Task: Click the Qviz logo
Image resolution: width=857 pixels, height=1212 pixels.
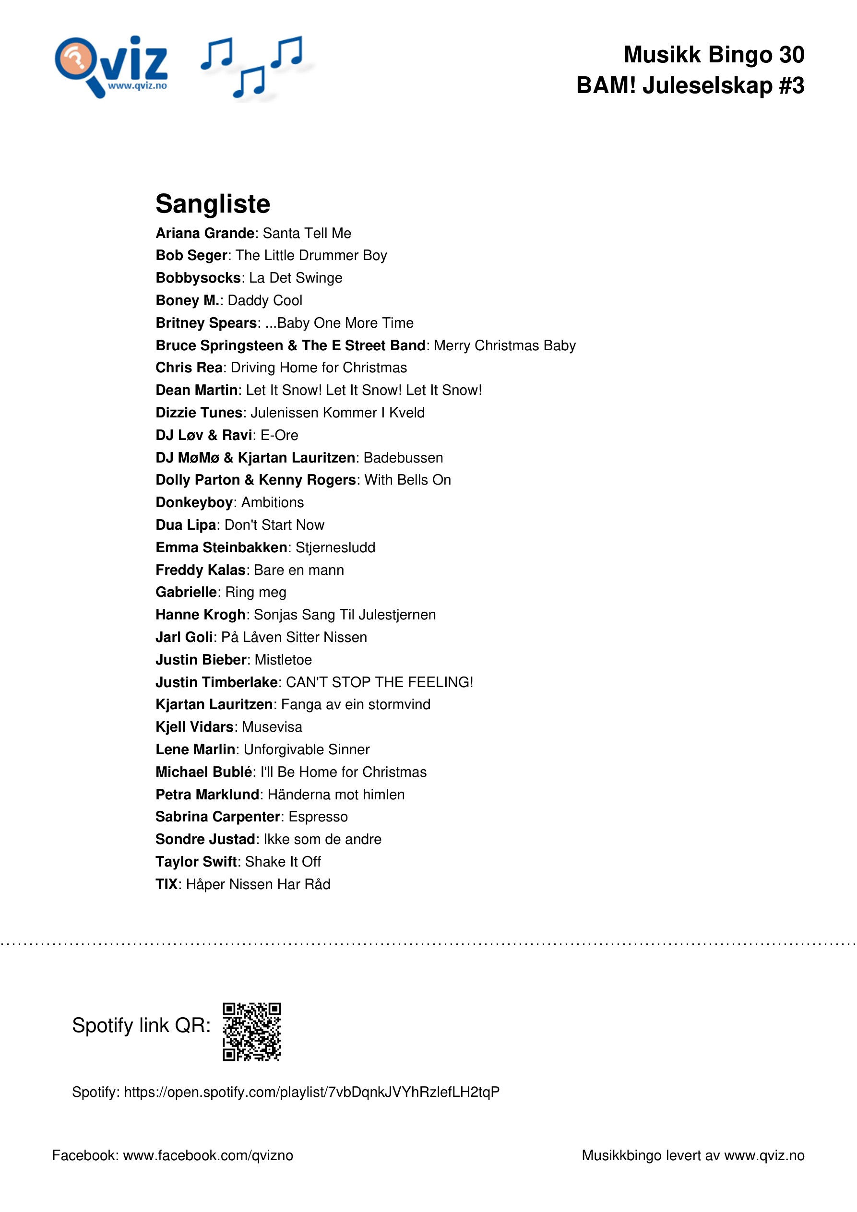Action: point(111,67)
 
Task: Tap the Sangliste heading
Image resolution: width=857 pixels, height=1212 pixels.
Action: point(212,204)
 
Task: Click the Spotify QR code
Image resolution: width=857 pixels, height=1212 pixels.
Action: point(251,1032)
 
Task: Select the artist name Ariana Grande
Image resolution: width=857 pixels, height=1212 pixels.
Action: point(205,233)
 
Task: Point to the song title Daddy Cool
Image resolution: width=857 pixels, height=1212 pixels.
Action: point(264,300)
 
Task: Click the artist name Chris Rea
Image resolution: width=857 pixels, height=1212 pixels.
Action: point(189,368)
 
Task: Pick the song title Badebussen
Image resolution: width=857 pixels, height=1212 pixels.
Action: point(403,458)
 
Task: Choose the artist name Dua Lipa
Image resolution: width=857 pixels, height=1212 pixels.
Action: point(185,525)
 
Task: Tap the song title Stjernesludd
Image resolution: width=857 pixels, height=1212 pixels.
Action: point(335,547)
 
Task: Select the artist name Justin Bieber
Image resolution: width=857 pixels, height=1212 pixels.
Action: point(201,660)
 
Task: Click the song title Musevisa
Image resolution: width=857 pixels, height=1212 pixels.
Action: point(272,727)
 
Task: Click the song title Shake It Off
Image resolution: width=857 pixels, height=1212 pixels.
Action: point(283,861)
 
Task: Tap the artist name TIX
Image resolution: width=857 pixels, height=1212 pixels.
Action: point(166,884)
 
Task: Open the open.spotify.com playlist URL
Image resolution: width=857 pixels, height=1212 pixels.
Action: point(311,1092)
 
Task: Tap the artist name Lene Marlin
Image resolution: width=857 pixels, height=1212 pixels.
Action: point(195,749)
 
